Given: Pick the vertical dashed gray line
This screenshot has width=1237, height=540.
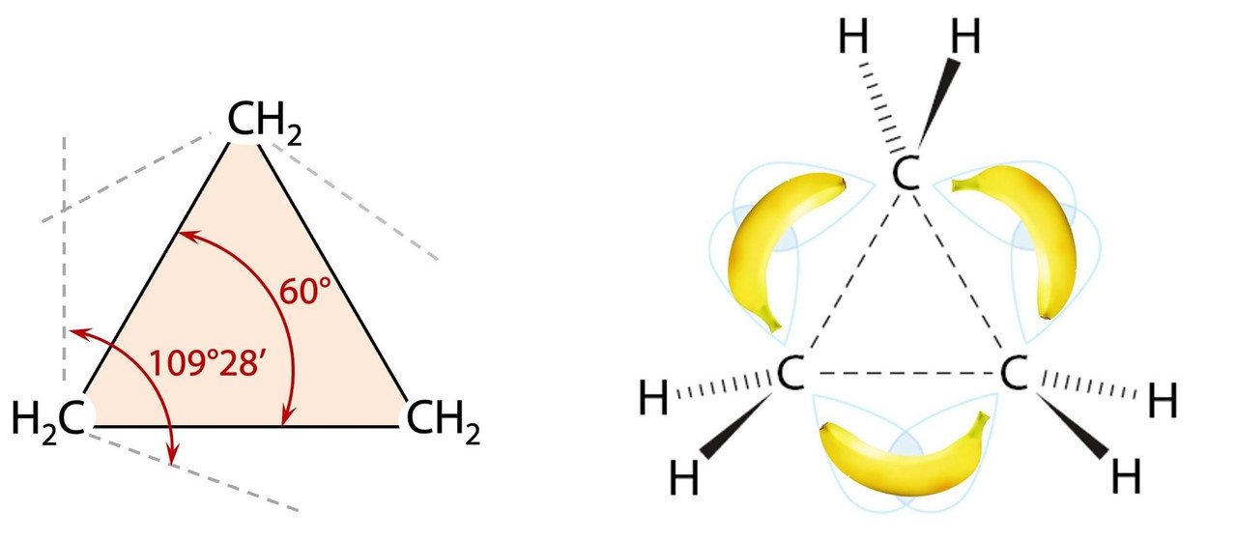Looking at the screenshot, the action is (x=65, y=261).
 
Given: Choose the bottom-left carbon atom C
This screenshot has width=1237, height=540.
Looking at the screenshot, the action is (x=790, y=374).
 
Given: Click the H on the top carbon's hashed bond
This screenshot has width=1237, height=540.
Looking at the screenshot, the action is (x=853, y=40).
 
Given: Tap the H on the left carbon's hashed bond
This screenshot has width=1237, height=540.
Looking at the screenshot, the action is (x=654, y=397).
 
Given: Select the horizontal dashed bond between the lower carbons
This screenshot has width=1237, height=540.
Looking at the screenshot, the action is (x=902, y=373).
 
